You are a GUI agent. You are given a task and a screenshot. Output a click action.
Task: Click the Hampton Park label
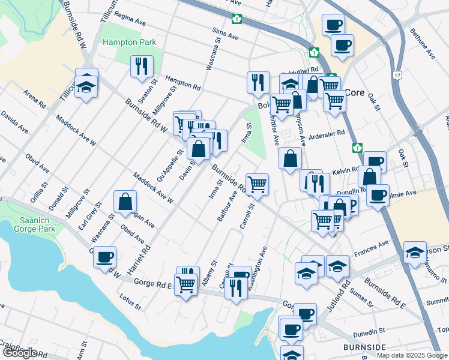[x=129, y=43]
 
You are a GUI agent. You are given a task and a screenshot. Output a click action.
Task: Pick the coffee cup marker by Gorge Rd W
[x=104, y=256]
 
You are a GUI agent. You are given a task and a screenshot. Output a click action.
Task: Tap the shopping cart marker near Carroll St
[x=258, y=184]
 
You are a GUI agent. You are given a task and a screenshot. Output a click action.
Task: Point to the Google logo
[x=19, y=353]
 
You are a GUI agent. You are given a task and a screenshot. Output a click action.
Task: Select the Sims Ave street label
[x=225, y=34]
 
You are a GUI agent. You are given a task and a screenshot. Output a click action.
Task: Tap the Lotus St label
[x=130, y=301]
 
